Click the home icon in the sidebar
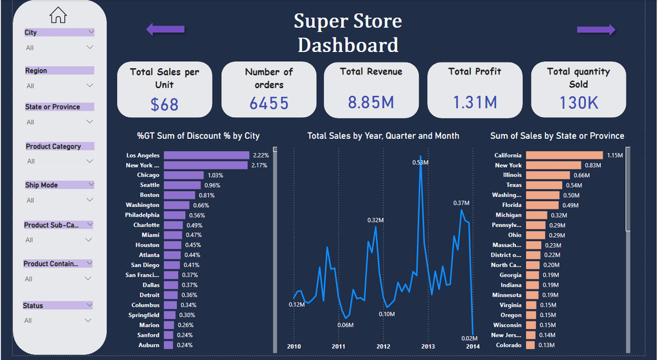pos(58,14)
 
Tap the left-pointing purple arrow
pos(165,29)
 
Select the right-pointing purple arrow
pos(596,30)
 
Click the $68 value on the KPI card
pos(164,104)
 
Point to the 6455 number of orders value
pos(269,103)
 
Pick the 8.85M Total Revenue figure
pos(371,102)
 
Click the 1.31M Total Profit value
pos(475,102)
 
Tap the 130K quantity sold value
pos(578,102)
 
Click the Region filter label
pos(36,71)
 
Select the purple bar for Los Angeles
pos(206,155)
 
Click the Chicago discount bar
pos(183,175)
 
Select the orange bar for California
pos(564,155)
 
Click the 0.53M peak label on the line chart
pos(420,163)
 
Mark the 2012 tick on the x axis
pos(383,346)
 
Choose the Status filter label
pos(33,305)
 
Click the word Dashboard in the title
pos(348,45)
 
